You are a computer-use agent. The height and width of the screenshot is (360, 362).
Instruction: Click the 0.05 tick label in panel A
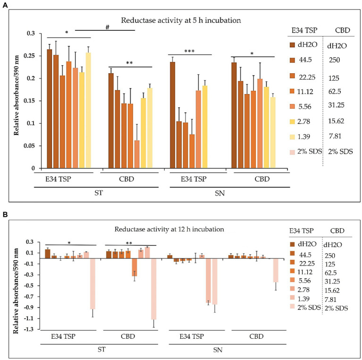[x=32, y=146]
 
